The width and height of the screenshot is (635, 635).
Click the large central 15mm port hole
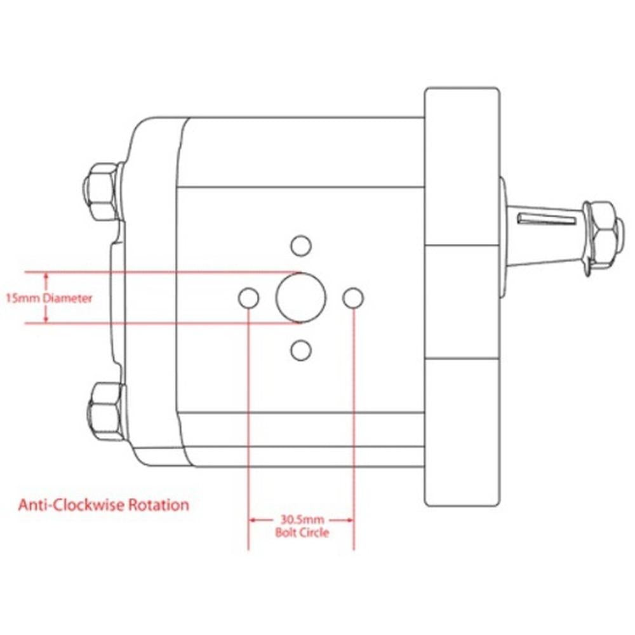[300, 297]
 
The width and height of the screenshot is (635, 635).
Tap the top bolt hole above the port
[300, 244]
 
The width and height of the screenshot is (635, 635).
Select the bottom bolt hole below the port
[300, 349]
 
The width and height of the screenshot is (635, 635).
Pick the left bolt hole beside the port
[248, 297]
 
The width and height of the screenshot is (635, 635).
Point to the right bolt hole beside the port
[353, 297]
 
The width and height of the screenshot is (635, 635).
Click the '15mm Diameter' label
[48, 298]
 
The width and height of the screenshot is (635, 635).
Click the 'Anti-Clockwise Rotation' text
[104, 505]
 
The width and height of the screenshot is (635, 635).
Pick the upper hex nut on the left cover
[102, 191]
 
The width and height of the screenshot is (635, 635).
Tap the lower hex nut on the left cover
[105, 410]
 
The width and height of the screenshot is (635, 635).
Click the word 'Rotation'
[159, 505]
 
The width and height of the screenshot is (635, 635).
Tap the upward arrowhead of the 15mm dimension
[46, 276]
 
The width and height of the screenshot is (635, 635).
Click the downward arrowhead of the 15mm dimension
[46, 319]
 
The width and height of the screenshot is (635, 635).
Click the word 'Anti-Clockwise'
[72, 505]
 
